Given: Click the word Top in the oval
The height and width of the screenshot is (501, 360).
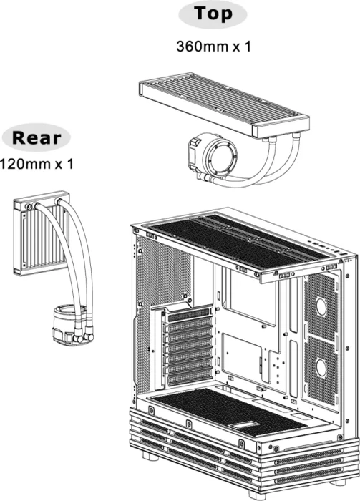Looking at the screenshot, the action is (x=213, y=14).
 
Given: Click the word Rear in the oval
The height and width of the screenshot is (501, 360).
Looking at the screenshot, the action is (x=36, y=138).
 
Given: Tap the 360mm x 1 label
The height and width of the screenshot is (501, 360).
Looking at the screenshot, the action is (x=213, y=47).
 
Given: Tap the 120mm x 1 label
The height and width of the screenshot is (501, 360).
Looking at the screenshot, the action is (x=37, y=164).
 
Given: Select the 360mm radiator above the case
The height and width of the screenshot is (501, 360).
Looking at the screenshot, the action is (x=224, y=104).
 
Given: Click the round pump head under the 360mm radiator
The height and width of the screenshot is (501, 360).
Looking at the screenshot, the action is (x=213, y=155).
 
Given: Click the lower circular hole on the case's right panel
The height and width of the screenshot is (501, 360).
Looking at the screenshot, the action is (x=321, y=368).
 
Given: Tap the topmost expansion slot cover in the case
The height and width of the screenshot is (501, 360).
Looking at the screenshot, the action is (x=189, y=314).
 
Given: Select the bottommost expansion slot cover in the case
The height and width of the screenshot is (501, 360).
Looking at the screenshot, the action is (x=189, y=379).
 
